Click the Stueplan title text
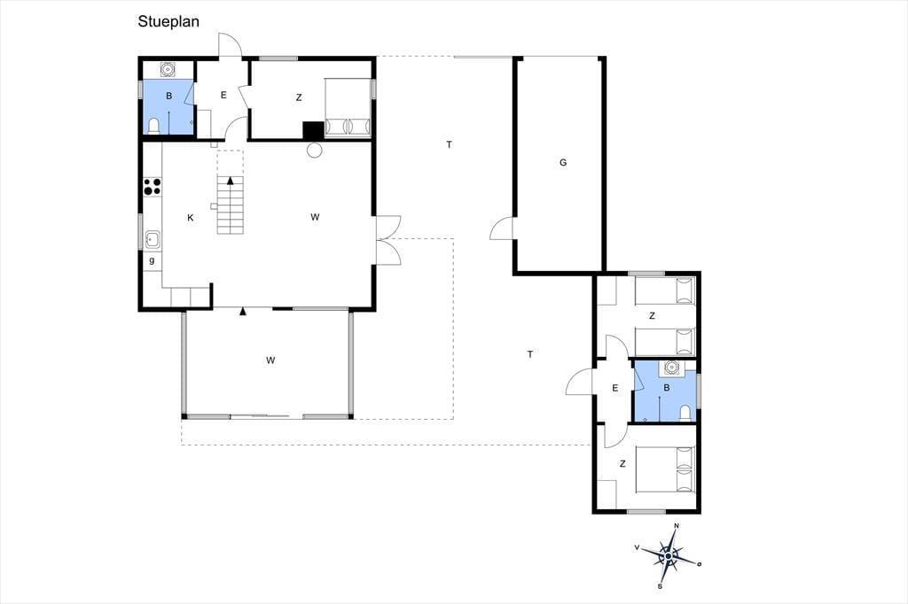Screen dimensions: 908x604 (x=168, y=21)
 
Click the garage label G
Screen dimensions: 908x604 (x=563, y=163)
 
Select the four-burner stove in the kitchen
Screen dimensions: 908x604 (x=153, y=187)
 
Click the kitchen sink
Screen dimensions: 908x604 (x=153, y=239)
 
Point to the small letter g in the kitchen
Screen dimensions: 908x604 (x=152, y=260)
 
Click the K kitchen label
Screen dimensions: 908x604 (x=190, y=218)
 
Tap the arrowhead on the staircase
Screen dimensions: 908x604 (x=231, y=181)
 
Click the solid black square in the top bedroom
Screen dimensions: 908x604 (x=313, y=130)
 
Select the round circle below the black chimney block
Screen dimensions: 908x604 (x=314, y=151)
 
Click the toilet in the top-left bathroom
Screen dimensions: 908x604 (x=153, y=126)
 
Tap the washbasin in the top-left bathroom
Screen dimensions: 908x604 (x=168, y=69)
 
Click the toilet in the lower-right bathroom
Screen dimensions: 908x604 (x=685, y=413)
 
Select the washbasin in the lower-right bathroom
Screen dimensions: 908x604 (x=672, y=368)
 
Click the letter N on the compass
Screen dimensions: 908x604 (x=677, y=526)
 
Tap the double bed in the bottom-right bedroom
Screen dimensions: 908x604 (x=664, y=469)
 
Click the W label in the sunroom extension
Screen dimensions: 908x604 (x=270, y=360)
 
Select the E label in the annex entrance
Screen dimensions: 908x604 (x=615, y=388)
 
